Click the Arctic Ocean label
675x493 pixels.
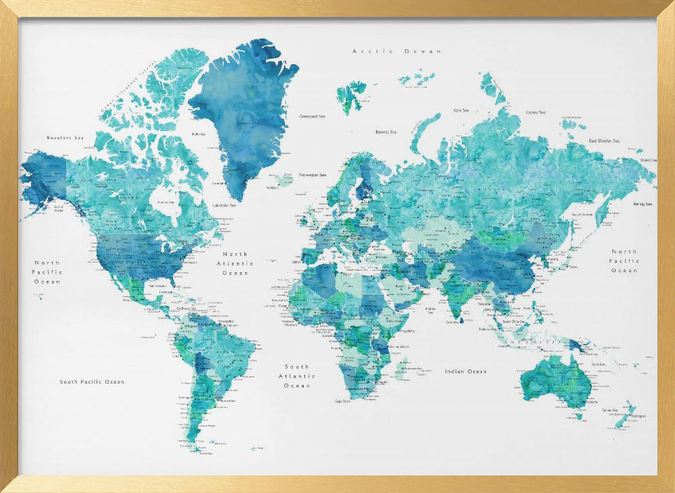(397, 51)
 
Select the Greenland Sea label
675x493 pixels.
(312, 116)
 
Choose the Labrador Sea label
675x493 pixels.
(224, 205)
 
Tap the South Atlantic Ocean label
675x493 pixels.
(296, 376)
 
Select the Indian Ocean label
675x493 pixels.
(465, 371)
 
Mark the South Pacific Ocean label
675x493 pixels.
(92, 382)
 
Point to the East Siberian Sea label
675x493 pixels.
(603, 140)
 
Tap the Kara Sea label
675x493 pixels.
(461, 110)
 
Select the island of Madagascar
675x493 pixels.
(400, 368)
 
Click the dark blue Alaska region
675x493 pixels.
(44, 179)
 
